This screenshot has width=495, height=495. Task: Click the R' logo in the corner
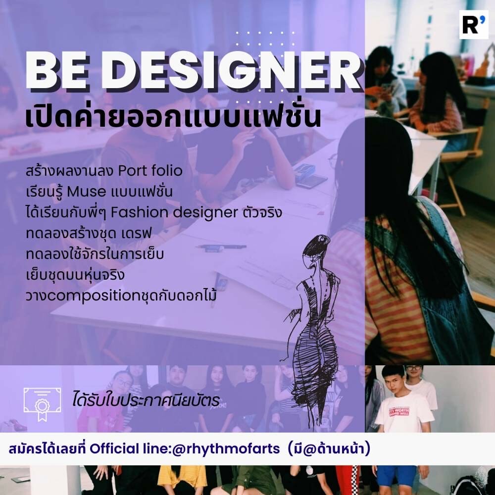474,25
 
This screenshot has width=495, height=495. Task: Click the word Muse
87,192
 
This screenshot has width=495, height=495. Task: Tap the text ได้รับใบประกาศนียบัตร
146,400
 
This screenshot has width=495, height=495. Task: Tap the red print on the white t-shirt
398,411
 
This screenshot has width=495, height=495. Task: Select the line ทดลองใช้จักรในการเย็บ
95,254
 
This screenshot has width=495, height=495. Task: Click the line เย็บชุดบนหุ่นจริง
75,275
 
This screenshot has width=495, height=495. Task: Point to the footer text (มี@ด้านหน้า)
329,448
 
